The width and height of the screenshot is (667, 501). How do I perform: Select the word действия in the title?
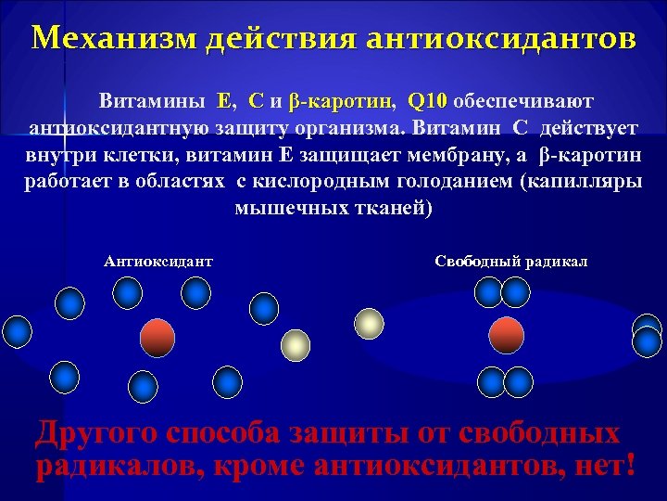click(280, 39)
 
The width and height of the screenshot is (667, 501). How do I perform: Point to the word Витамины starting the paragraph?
click(154, 99)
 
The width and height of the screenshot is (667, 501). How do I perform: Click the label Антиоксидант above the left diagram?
click(158, 262)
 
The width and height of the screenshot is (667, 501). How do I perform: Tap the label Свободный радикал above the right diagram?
click(510, 262)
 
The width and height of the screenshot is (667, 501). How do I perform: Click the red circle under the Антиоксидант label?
click(157, 338)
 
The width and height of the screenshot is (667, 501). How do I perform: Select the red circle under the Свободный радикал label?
click(506, 335)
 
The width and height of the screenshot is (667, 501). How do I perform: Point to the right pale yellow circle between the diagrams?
click(370, 323)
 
